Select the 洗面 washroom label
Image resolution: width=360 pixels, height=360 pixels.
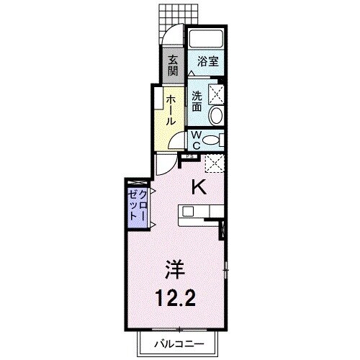pos(197,100)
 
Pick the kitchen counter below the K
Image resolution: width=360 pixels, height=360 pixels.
pos(202,211)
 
